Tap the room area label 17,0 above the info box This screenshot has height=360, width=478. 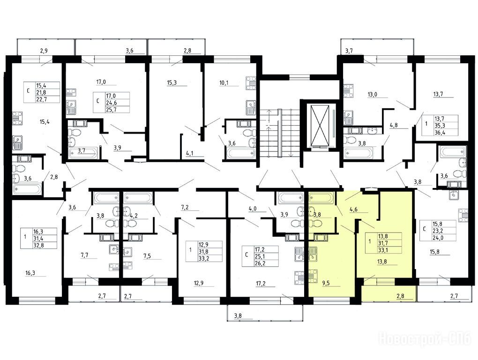[102, 82]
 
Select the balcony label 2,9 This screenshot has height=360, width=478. [44, 51]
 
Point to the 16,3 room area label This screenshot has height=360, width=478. [30, 273]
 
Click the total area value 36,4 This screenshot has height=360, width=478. [439, 132]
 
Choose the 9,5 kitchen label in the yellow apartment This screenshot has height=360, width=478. [326, 283]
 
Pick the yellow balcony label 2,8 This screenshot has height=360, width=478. [400, 296]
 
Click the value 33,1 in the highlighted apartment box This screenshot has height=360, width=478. [383, 250]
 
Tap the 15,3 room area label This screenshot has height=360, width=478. [172, 82]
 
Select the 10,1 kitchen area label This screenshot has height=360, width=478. [224, 82]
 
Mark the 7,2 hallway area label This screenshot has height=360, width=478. [185, 208]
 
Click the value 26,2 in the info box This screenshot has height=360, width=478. [260, 263]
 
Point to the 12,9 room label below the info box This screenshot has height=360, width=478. [199, 283]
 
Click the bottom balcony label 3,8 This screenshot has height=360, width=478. [238, 316]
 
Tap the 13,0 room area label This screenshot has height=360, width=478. [372, 95]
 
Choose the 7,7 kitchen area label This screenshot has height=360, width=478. [84, 255]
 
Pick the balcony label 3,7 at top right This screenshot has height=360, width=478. [349, 51]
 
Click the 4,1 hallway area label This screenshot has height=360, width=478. [190, 154]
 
